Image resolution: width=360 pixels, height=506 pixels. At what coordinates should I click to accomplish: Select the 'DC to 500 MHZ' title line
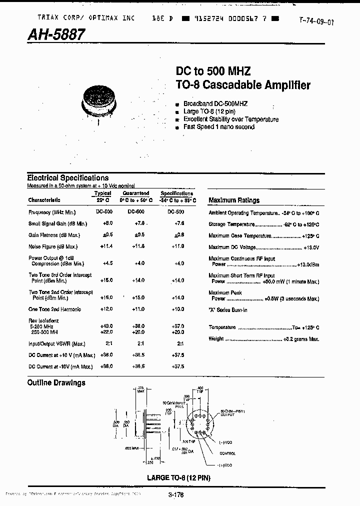pyautogui.click(x=213, y=71)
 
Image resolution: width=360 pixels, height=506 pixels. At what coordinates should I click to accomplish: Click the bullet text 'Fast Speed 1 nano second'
pyautogui.click(x=219, y=127)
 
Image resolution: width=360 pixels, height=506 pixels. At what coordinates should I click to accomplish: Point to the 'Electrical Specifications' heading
pyautogui.click(x=67, y=177)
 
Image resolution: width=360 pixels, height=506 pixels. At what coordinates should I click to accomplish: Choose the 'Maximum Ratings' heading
pyautogui.click(x=234, y=200)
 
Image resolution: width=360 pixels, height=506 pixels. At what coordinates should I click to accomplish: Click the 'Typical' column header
pyautogui.click(x=103, y=193)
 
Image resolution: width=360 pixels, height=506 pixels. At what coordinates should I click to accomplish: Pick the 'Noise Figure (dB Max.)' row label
pyautogui.click(x=53, y=246)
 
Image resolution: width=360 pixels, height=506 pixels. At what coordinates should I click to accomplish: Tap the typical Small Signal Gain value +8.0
pyautogui.click(x=108, y=223)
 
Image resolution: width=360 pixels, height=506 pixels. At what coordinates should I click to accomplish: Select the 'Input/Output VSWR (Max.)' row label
pyautogui.click(x=57, y=343)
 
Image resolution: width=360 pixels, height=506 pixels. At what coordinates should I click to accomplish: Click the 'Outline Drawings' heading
pyautogui.click(x=56, y=382)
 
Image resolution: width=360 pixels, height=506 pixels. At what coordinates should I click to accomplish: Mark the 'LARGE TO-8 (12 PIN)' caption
pyautogui.click(x=178, y=477)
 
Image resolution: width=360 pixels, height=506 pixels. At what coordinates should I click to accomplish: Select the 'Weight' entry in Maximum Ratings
pyautogui.click(x=215, y=338)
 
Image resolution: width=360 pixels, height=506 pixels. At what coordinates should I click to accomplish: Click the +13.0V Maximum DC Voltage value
pyautogui.click(x=310, y=247)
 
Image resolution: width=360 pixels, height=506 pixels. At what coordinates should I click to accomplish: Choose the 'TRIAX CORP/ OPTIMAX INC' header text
pyautogui.click(x=86, y=17)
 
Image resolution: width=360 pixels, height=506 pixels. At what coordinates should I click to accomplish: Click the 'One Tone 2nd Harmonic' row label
pyautogui.click(x=55, y=309)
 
